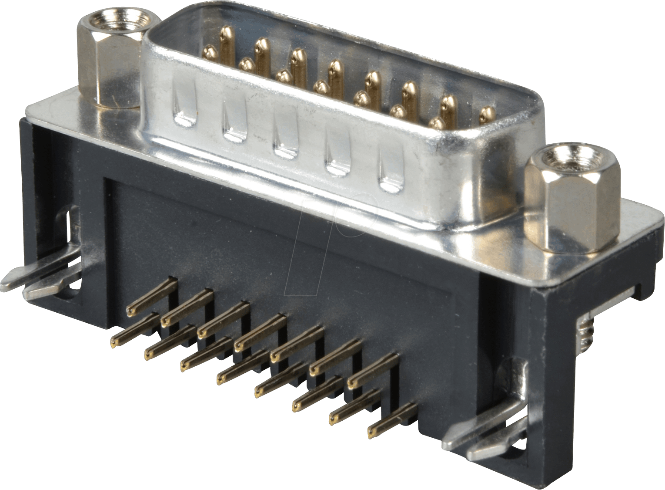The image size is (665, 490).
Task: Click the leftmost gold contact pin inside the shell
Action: click(210, 53)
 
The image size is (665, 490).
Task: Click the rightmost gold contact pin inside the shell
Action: click(486, 116)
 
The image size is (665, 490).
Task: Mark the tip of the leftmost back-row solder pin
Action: click(130, 311)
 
